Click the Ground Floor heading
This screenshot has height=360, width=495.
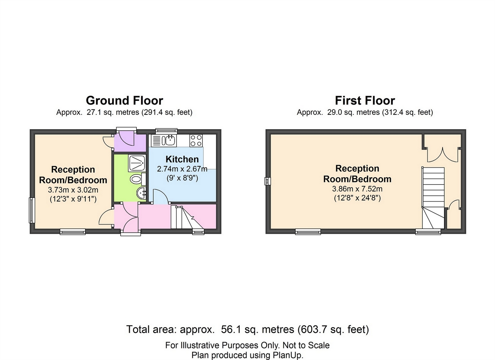124,101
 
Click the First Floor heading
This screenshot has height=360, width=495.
365,101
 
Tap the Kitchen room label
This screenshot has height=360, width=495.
182,159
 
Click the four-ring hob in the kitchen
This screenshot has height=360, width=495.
196,141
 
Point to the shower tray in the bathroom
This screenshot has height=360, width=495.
137,164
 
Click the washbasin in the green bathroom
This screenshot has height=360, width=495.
142,193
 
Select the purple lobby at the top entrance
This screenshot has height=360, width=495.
130,143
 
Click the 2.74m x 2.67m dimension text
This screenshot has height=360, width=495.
182,169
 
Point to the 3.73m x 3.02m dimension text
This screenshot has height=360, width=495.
73,190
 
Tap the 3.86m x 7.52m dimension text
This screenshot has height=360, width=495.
357,189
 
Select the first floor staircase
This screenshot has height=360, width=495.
433,198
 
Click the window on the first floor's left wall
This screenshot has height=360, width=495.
268,181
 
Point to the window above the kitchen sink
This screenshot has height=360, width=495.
166,131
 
